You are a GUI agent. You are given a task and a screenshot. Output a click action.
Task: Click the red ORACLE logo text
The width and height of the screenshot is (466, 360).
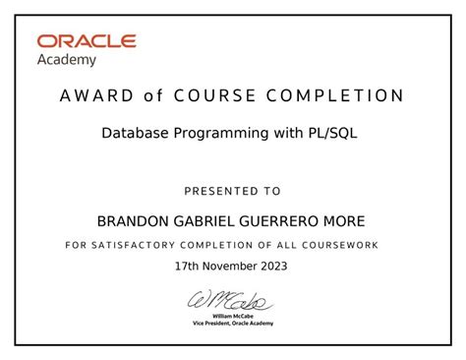[87, 41]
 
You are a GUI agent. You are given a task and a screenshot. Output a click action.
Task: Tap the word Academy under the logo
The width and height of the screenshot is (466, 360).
[67, 59]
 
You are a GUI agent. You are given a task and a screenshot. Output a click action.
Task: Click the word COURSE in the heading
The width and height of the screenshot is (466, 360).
[215, 96]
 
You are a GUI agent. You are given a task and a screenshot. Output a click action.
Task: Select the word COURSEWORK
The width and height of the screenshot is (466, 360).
[340, 245]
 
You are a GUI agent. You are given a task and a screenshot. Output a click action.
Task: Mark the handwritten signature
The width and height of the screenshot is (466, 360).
[232, 298]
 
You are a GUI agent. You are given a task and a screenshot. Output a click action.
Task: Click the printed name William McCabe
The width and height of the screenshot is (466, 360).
[233, 315]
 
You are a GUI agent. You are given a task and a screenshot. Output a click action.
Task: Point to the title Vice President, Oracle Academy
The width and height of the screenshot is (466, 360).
[233, 323]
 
